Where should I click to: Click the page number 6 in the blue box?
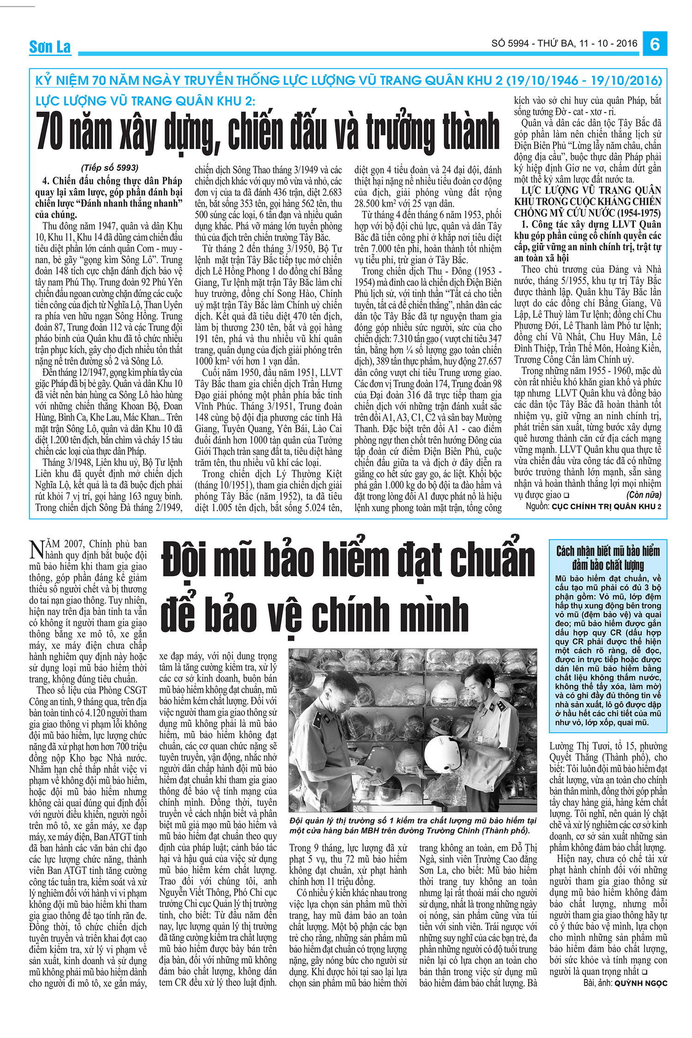click(x=655, y=44)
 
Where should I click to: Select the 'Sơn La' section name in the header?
click(x=50, y=47)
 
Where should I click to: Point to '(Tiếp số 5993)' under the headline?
click(x=109, y=168)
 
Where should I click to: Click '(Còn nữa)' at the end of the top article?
click(x=644, y=495)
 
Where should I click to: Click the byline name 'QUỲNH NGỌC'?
click(x=641, y=983)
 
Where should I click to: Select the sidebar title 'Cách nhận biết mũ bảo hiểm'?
click(x=608, y=551)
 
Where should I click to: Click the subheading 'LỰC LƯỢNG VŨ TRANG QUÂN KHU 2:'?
click(x=145, y=101)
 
